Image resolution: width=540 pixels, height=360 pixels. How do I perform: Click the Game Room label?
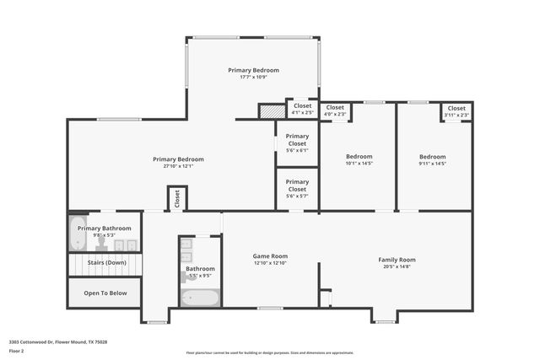(x=271, y=255)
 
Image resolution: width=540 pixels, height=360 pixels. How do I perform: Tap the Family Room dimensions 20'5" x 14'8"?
(x=397, y=267)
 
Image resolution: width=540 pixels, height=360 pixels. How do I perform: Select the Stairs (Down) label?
(x=105, y=263)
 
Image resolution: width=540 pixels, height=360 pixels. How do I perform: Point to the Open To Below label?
(x=105, y=293)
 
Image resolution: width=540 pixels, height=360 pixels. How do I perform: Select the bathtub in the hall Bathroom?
(x=200, y=297)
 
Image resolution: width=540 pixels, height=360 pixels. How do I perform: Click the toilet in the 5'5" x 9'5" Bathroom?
(x=184, y=276)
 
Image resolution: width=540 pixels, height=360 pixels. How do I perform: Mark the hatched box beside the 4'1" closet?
(x=272, y=111)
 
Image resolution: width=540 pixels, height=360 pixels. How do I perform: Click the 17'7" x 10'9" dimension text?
(x=253, y=78)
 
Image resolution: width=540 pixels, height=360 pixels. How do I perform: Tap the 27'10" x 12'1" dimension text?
(x=178, y=166)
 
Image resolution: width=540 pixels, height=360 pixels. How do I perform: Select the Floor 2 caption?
(x=18, y=351)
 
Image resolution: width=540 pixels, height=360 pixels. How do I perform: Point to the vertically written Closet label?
(x=177, y=198)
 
